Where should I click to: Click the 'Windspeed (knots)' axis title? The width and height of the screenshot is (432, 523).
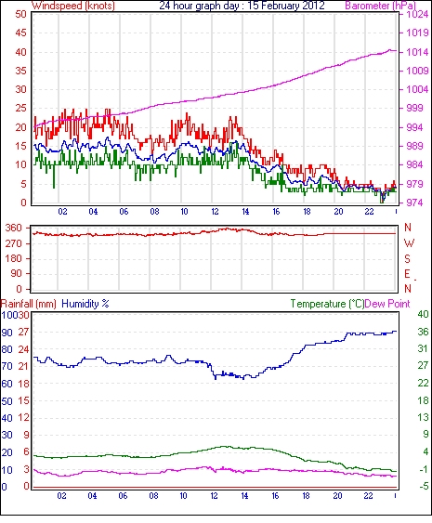pyautogui.click(x=73, y=6)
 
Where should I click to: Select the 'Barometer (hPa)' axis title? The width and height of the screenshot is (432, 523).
pyautogui.click(x=381, y=6)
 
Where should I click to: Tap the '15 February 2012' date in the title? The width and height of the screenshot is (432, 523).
pyautogui.click(x=286, y=6)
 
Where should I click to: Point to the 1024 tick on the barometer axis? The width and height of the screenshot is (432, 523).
pyautogui.click(x=417, y=14)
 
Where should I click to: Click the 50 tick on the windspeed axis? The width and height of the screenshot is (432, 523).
pyautogui.click(x=20, y=14)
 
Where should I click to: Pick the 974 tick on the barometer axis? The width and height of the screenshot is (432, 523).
pyautogui.click(x=414, y=203)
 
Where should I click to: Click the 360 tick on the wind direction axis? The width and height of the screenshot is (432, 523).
pyautogui.click(x=13, y=229)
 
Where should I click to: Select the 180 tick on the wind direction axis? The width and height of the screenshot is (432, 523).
pyautogui.click(x=13, y=258)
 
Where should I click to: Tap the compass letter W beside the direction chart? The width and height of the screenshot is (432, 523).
pyautogui.click(x=409, y=243)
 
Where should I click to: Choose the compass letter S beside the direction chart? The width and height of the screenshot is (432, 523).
pyautogui.click(x=407, y=258)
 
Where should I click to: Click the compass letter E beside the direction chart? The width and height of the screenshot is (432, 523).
pyautogui.click(x=407, y=274)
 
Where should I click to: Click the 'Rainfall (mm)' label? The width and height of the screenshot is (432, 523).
pyautogui.click(x=29, y=304)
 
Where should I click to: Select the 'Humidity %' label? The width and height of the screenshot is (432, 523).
pyautogui.click(x=85, y=304)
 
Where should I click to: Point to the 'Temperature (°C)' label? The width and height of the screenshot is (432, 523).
pyautogui.click(x=327, y=304)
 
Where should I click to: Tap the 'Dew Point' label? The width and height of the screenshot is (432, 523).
pyautogui.click(x=387, y=304)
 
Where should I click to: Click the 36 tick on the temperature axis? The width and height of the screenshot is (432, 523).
pyautogui.click(x=423, y=332)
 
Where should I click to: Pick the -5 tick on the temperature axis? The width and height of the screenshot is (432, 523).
pyautogui.click(x=424, y=487)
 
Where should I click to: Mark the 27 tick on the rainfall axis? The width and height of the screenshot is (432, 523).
pyautogui.click(x=23, y=333)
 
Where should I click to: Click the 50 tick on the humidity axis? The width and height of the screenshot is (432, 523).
pyautogui.click(x=7, y=401)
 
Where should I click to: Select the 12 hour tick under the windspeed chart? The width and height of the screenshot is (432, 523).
pyautogui.click(x=215, y=212)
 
